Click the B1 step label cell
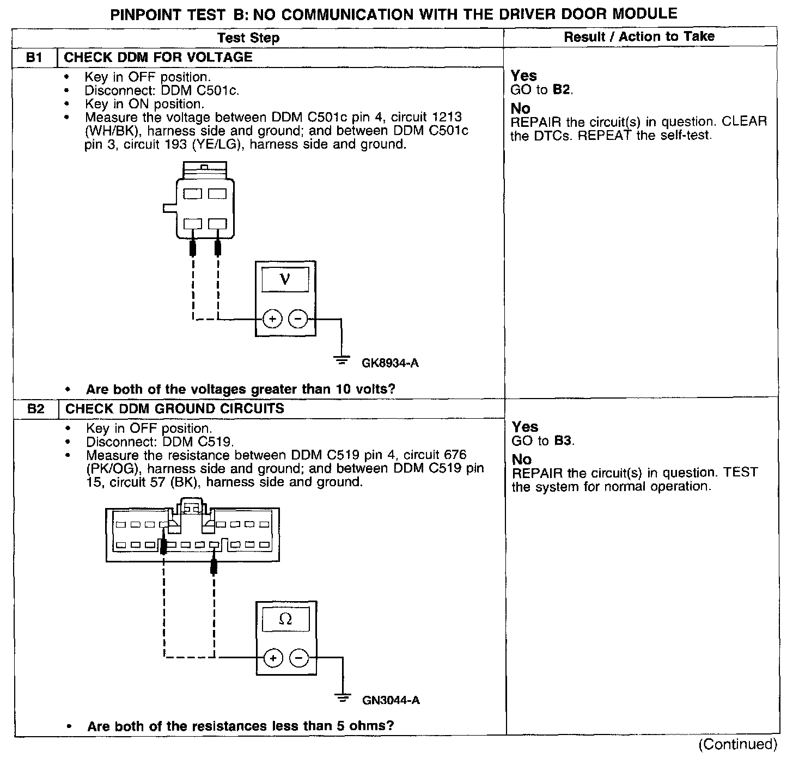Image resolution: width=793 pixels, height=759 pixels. (x=34, y=58)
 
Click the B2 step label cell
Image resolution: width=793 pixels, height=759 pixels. (x=35, y=409)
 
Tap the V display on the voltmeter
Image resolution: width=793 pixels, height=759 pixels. (x=285, y=280)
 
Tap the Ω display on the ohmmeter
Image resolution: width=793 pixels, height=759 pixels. (x=285, y=620)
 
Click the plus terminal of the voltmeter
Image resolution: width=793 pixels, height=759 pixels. (x=272, y=319)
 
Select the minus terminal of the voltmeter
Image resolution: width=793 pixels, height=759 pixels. (x=297, y=319)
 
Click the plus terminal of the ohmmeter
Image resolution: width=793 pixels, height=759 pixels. (x=273, y=658)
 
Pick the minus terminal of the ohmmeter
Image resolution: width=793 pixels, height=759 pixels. (x=298, y=658)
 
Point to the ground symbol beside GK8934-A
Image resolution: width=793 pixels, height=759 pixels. (x=341, y=359)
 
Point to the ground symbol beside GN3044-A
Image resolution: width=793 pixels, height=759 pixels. (x=343, y=697)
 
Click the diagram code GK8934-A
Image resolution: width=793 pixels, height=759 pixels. (x=390, y=363)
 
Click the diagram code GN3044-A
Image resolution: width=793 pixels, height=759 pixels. (x=391, y=701)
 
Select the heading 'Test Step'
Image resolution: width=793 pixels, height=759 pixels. (x=248, y=38)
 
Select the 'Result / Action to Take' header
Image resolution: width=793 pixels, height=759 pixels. (x=639, y=36)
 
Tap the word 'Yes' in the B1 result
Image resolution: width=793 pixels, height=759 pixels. (x=523, y=76)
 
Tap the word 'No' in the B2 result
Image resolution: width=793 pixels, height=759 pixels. (x=521, y=459)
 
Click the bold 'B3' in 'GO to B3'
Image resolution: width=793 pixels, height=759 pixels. (x=564, y=440)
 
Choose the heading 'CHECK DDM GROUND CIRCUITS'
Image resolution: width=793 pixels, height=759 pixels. (x=175, y=409)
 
